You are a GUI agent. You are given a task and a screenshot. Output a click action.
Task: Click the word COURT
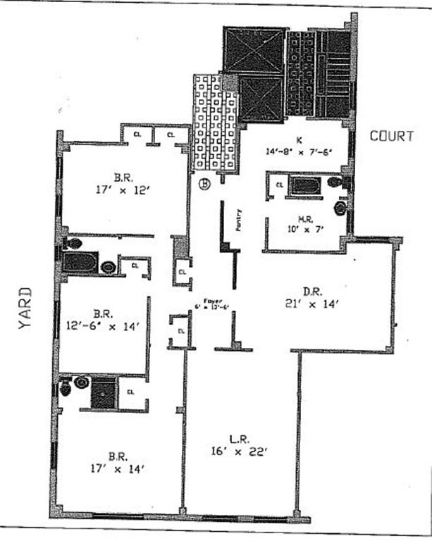[x=392, y=136]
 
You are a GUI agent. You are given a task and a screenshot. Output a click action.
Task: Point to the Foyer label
[x=209, y=304]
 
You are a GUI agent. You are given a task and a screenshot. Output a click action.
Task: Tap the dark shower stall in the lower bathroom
[x=104, y=392]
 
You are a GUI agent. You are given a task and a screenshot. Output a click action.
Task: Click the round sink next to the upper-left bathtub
[x=109, y=267]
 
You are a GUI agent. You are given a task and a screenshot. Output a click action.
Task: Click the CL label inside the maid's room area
[x=279, y=185]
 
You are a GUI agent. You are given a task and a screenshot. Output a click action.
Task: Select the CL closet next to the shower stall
[x=131, y=392]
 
